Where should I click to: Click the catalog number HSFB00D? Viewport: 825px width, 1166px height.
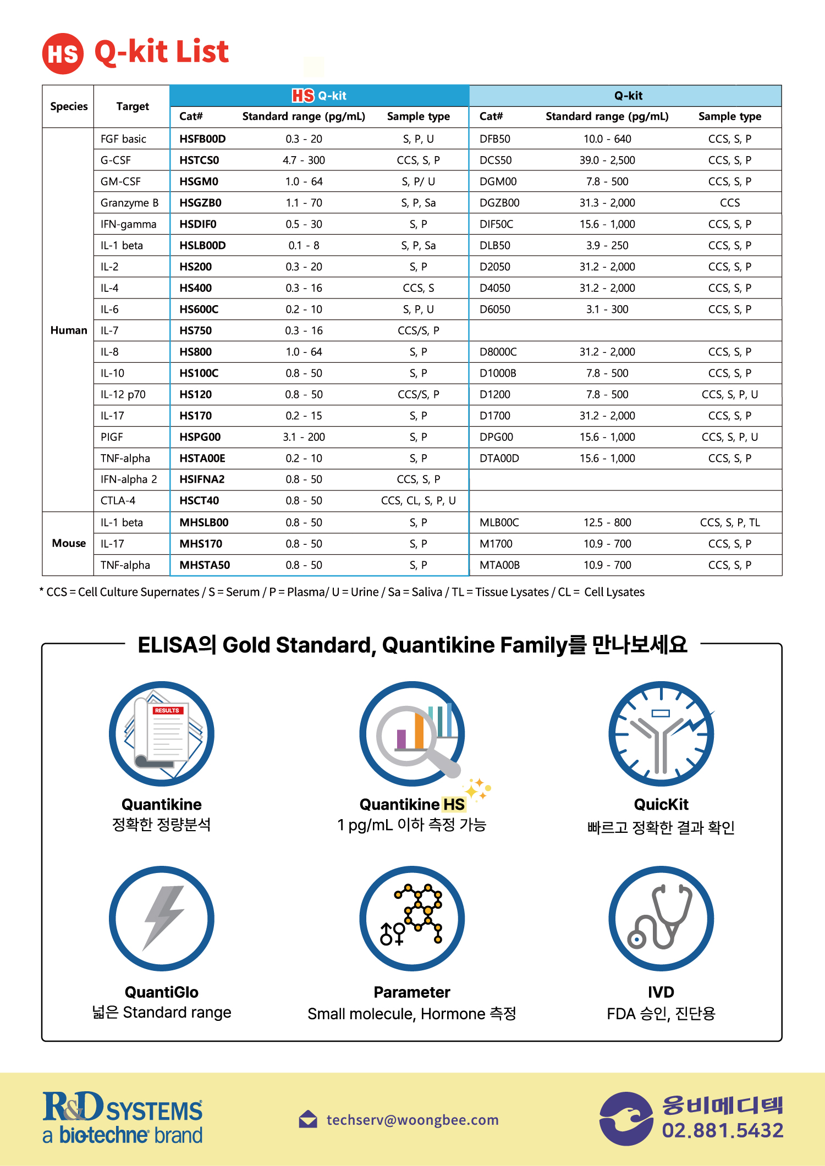coord(202,139)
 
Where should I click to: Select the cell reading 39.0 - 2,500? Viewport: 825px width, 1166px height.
coord(607,161)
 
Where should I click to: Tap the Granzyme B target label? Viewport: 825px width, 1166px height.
coord(129,203)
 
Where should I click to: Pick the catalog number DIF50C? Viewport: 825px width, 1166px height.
coord(496,224)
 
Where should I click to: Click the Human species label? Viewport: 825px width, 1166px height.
coord(69,330)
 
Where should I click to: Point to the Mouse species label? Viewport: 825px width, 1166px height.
coord(69,544)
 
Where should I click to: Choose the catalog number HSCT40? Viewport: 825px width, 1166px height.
coord(199,501)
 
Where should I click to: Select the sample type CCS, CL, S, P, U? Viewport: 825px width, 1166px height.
coord(418,501)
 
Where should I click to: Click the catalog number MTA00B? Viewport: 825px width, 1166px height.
coord(499,565)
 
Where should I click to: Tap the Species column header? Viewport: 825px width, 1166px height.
coord(69,107)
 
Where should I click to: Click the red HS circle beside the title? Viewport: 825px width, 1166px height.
coord(63,54)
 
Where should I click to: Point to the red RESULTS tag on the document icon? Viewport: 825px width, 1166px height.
coord(167,710)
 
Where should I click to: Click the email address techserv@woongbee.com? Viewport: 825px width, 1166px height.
coord(413,1120)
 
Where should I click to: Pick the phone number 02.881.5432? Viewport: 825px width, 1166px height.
coord(723,1130)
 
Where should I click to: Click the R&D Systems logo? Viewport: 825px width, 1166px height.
coord(123,1117)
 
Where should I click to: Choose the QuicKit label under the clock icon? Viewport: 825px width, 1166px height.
coord(661,804)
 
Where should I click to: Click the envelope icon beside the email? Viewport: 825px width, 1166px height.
coord(308,1119)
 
